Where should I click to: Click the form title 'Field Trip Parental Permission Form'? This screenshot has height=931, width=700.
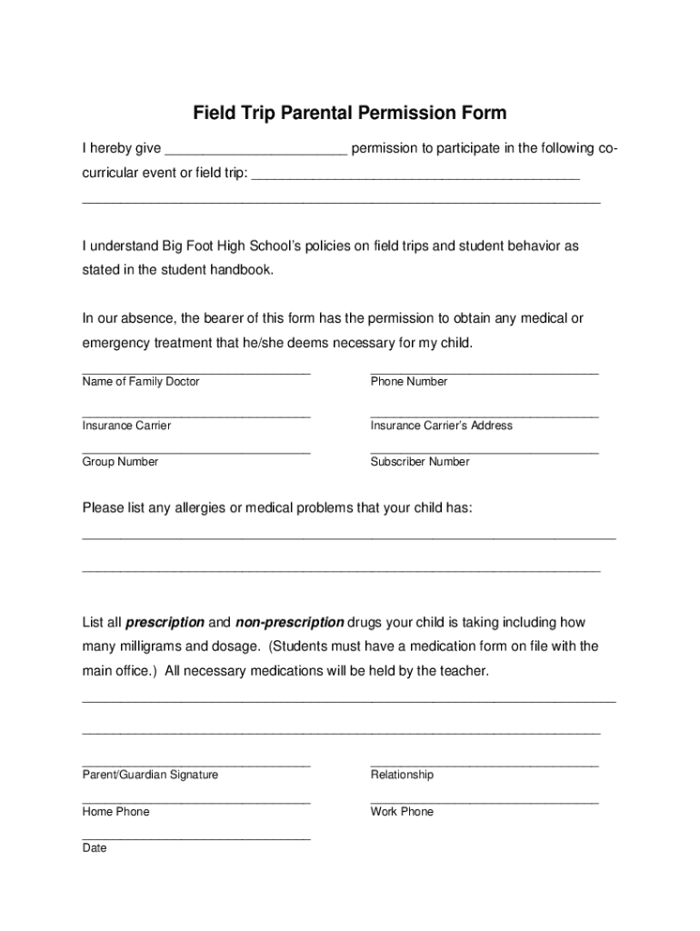[349, 114]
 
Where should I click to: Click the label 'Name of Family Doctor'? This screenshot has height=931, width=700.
[141, 382]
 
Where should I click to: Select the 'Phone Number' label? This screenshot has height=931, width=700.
[409, 382]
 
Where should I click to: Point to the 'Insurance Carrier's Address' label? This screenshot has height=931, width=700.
[441, 425]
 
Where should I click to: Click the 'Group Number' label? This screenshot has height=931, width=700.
[120, 462]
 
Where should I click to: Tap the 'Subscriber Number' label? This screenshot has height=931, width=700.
[420, 462]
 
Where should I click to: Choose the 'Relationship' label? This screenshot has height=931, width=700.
[402, 775]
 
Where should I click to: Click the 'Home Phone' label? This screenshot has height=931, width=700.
[115, 812]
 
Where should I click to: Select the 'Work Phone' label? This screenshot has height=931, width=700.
[402, 812]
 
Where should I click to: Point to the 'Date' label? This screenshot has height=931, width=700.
[95, 848]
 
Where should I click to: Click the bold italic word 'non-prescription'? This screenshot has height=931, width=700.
[289, 623]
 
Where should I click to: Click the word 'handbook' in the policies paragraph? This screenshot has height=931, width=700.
[241, 270]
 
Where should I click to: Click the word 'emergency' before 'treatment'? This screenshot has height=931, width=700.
[115, 344]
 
